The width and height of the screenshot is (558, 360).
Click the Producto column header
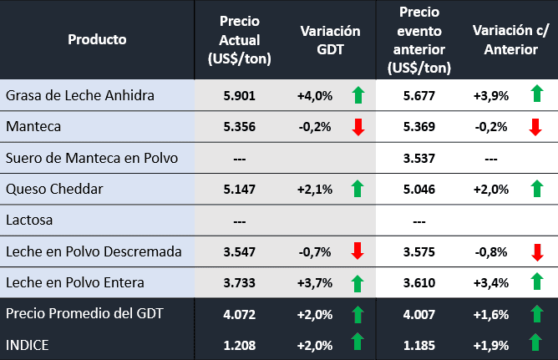tap(97, 39)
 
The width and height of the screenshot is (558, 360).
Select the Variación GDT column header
tap(330, 40)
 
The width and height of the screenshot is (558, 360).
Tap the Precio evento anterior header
tap(420, 40)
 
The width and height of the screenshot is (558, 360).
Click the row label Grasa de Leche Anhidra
tap(80, 95)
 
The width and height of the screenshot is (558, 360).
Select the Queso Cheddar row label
tap(54, 189)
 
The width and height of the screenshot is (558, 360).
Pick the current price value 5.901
tap(240, 95)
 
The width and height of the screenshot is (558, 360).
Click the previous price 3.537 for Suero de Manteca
tap(419, 158)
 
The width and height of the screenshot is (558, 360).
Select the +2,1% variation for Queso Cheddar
tap(315, 190)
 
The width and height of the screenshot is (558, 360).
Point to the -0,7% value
tap(315, 251)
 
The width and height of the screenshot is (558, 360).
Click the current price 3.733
tap(240, 282)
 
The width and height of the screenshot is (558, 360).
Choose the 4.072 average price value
tap(240, 314)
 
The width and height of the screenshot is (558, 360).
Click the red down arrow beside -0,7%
tap(358, 251)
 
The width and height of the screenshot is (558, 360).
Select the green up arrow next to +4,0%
tap(358, 94)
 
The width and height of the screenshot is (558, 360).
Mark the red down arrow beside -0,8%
tap(535, 251)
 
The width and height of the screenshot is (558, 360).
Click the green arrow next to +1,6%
tap(535, 314)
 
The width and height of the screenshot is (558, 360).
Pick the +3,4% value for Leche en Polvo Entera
tap(491, 282)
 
